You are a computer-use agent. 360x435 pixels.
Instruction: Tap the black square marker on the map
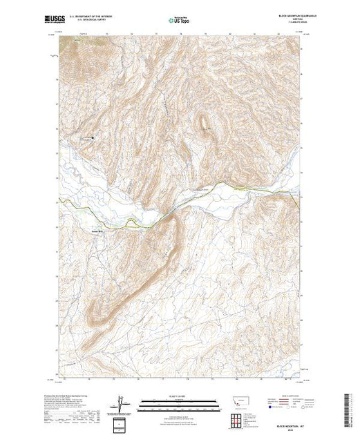tap(94, 137)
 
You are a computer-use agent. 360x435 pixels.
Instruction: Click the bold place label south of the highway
tap(96, 231)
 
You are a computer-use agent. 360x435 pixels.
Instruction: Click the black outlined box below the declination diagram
tap(122, 423)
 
